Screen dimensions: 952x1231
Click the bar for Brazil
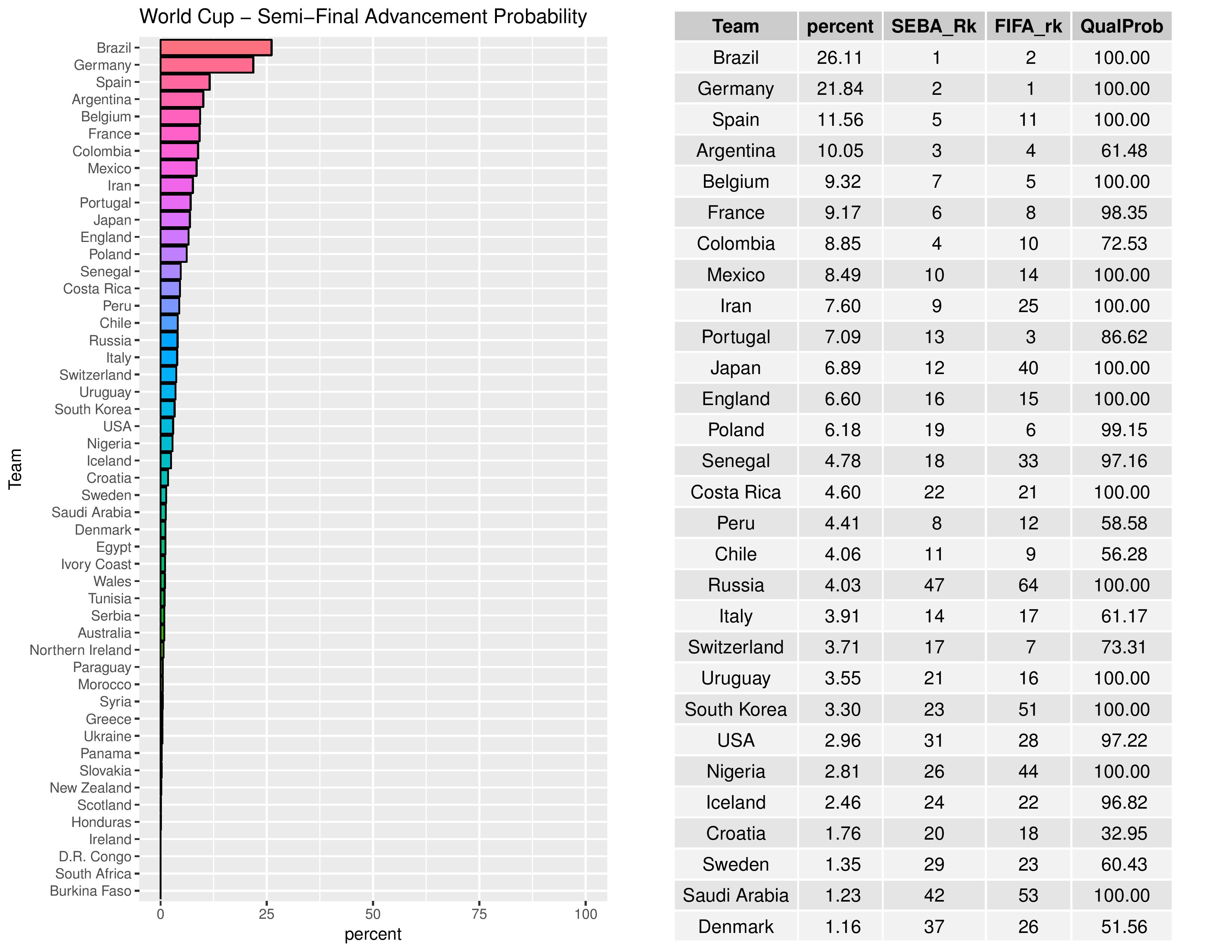coord(216,48)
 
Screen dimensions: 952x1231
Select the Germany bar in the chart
coord(207,65)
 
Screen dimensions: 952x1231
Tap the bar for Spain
coord(185,83)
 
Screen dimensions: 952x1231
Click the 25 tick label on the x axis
coord(267,914)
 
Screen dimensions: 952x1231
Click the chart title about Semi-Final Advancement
coord(363,17)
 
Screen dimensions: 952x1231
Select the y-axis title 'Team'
coord(15,469)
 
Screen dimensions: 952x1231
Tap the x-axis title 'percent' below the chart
coord(373,934)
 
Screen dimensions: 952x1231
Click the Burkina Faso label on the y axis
coord(91,891)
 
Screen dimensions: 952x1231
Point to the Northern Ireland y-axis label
coord(81,650)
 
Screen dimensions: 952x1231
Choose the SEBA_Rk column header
coord(934,27)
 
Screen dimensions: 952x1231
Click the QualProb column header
coord(1122,27)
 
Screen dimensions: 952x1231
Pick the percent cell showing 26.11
coord(840,57)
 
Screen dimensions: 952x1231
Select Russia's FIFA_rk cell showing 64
coord(1028,585)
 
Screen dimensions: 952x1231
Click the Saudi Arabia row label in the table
coord(736,895)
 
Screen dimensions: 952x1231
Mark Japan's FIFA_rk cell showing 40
coord(1028,368)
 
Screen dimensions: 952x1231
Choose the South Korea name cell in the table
coord(736,709)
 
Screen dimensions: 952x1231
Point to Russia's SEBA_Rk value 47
coord(934,585)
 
